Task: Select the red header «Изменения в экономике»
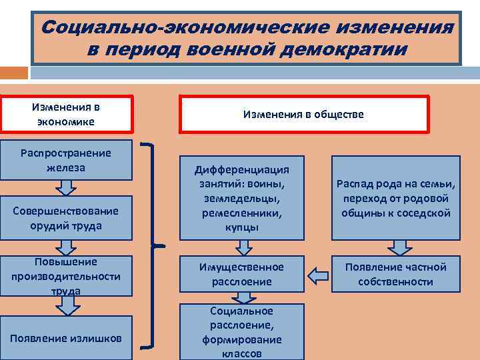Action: click(67, 114)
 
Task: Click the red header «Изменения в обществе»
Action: click(303, 114)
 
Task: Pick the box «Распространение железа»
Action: click(66, 160)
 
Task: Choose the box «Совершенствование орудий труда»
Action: click(66, 218)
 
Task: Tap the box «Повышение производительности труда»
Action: click(66, 276)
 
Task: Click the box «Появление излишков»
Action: click(66, 338)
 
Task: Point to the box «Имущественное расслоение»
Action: click(242, 274)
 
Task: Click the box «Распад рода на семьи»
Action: click(396, 198)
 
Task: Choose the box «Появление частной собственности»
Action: click(396, 274)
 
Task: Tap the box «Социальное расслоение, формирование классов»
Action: click(242, 332)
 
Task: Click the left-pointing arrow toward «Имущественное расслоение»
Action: click(319, 273)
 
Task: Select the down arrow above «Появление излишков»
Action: click(67, 306)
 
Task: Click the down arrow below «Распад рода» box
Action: click(399, 247)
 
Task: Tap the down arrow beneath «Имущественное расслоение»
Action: click(243, 298)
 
